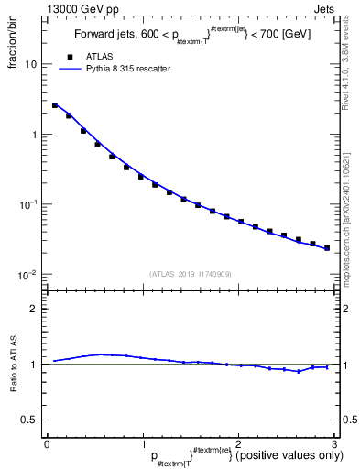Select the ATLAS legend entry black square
pyautogui.click(x=68, y=57)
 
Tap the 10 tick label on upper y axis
pyautogui.click(x=31, y=65)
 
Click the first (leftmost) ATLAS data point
pyautogui.click(x=55, y=105)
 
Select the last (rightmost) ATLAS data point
pyautogui.click(x=327, y=247)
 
